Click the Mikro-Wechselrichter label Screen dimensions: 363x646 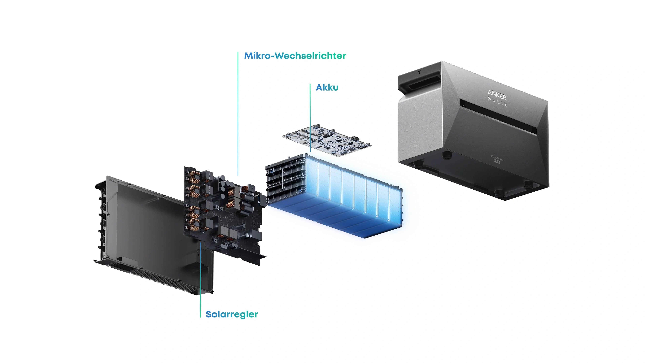coord(295,56)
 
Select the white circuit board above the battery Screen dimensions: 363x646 coord(326,140)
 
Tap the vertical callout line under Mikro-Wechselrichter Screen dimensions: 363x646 coord(238,113)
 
